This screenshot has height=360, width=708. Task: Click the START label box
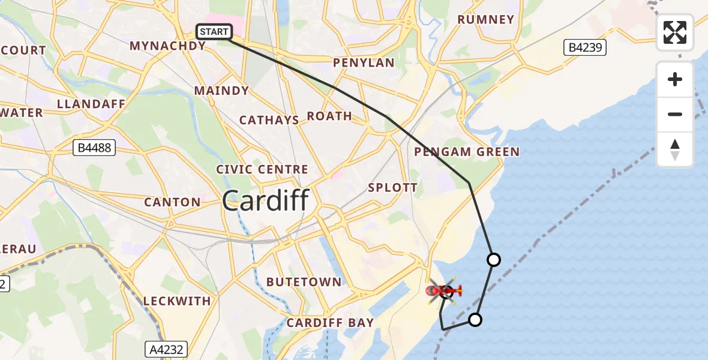[214, 32]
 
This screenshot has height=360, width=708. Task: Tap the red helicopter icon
[445, 291]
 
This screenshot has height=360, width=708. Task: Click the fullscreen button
[675, 32]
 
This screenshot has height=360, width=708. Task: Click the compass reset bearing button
[675, 149]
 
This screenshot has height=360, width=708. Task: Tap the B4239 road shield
[585, 48]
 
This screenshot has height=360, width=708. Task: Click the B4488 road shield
[95, 148]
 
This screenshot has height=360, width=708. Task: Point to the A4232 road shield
[166, 349]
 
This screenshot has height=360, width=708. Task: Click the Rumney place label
[486, 20]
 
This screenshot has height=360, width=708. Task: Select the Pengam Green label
[467, 152]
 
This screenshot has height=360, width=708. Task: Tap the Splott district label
[393, 187]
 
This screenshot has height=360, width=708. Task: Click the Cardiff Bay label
[330, 323]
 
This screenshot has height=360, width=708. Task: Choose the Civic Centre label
[262, 170]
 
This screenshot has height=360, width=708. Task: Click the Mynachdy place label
[168, 46]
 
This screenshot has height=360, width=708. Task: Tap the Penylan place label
[364, 63]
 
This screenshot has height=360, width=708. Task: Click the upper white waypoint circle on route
[494, 260]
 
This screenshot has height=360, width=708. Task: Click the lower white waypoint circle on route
[475, 320]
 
